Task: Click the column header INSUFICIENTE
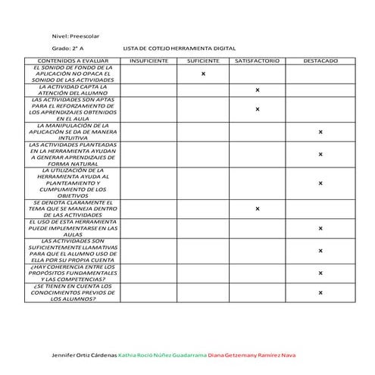pos(148,60)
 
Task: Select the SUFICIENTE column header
pos(203,60)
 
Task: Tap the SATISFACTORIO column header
pos(258,60)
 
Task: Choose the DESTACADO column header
pos(320,60)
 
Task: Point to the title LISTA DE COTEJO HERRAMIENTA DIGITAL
pos(179,47)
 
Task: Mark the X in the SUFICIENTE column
pos(203,73)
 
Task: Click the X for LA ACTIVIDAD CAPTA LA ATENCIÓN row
pos(258,90)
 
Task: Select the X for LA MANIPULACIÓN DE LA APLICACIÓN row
pos(320,132)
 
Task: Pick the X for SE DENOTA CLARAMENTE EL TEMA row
pos(258,208)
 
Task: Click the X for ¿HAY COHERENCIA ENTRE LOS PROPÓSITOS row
pos(320,273)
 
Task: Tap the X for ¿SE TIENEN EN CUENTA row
pos(320,292)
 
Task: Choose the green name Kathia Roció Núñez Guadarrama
pos(162,355)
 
